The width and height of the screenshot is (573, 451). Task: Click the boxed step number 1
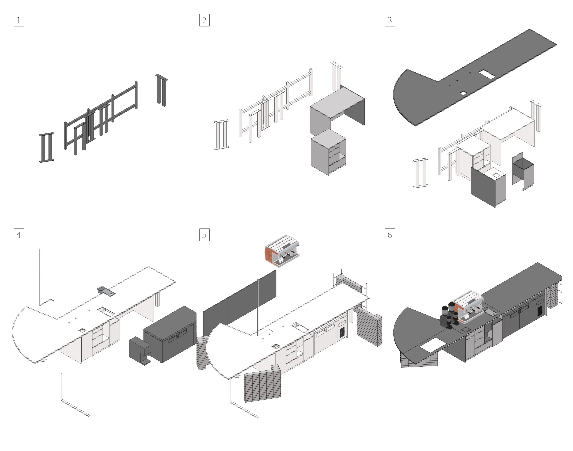tap(19, 20)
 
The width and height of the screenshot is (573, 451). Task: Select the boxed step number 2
tap(204, 20)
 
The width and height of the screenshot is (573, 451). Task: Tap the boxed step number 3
tap(390, 20)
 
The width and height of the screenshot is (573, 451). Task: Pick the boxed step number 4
tap(19, 235)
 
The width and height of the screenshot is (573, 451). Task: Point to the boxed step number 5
tap(204, 235)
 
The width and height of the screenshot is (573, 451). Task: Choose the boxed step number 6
tap(390, 235)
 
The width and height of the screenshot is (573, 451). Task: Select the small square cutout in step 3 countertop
tap(463, 93)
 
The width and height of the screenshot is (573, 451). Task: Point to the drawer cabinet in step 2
tap(328, 152)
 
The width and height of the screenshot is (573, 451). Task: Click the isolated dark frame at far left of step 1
tap(47, 147)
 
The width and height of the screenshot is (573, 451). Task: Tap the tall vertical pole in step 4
tap(40, 277)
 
